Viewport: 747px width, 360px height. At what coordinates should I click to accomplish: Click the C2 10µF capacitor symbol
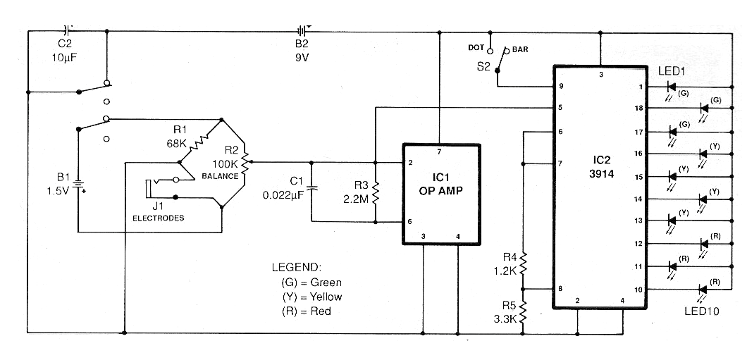click(x=67, y=31)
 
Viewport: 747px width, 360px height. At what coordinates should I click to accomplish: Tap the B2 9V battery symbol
click(x=302, y=32)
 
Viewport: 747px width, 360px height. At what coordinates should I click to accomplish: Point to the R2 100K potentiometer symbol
click(x=245, y=161)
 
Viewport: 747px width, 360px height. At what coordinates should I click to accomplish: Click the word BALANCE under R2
click(x=219, y=175)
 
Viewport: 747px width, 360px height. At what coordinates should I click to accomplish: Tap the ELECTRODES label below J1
click(x=158, y=218)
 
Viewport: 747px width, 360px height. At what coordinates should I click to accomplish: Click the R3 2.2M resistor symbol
click(x=376, y=192)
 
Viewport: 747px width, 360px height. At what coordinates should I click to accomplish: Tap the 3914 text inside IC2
click(x=600, y=174)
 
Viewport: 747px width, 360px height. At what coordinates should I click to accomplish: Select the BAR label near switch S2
click(x=520, y=49)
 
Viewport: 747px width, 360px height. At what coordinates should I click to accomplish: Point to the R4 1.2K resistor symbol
click(x=523, y=263)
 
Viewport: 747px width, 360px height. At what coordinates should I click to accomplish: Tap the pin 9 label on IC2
click(x=560, y=87)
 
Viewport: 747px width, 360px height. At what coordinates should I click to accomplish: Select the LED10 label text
click(x=702, y=311)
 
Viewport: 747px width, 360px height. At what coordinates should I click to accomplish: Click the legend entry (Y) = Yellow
click(x=311, y=297)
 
